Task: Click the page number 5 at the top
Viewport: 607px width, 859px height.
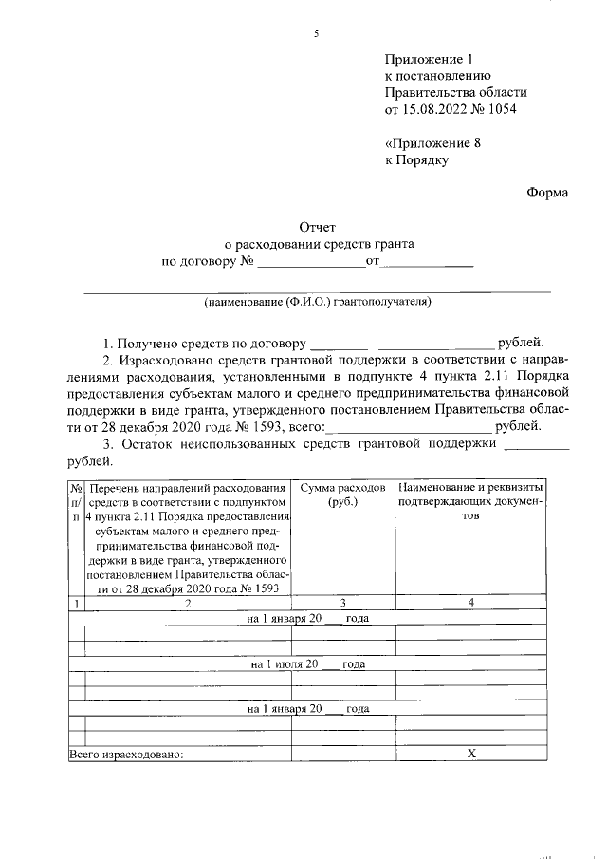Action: point(316,35)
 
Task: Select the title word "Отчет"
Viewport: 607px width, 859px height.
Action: point(319,227)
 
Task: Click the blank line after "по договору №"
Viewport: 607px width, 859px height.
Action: point(310,262)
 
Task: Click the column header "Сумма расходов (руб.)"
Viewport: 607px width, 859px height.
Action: point(342,494)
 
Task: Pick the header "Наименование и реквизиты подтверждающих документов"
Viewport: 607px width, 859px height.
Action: point(470,501)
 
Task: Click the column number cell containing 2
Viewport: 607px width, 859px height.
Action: point(188,603)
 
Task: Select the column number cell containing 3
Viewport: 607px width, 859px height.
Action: point(342,603)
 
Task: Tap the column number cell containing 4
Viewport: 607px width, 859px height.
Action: point(470,603)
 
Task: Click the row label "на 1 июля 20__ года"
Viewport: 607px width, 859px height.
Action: point(308,663)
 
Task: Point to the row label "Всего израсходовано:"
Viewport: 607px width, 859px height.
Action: point(125,755)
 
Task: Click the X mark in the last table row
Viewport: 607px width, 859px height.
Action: point(470,754)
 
